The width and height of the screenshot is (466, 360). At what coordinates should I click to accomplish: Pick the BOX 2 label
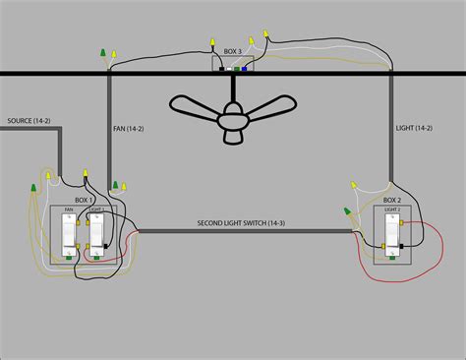click(391, 201)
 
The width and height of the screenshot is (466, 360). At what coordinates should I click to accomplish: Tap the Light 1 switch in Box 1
click(97, 234)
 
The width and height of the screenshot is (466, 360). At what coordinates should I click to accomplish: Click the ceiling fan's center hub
click(232, 116)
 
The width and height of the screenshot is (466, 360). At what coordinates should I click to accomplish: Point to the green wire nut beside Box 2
click(345, 210)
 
